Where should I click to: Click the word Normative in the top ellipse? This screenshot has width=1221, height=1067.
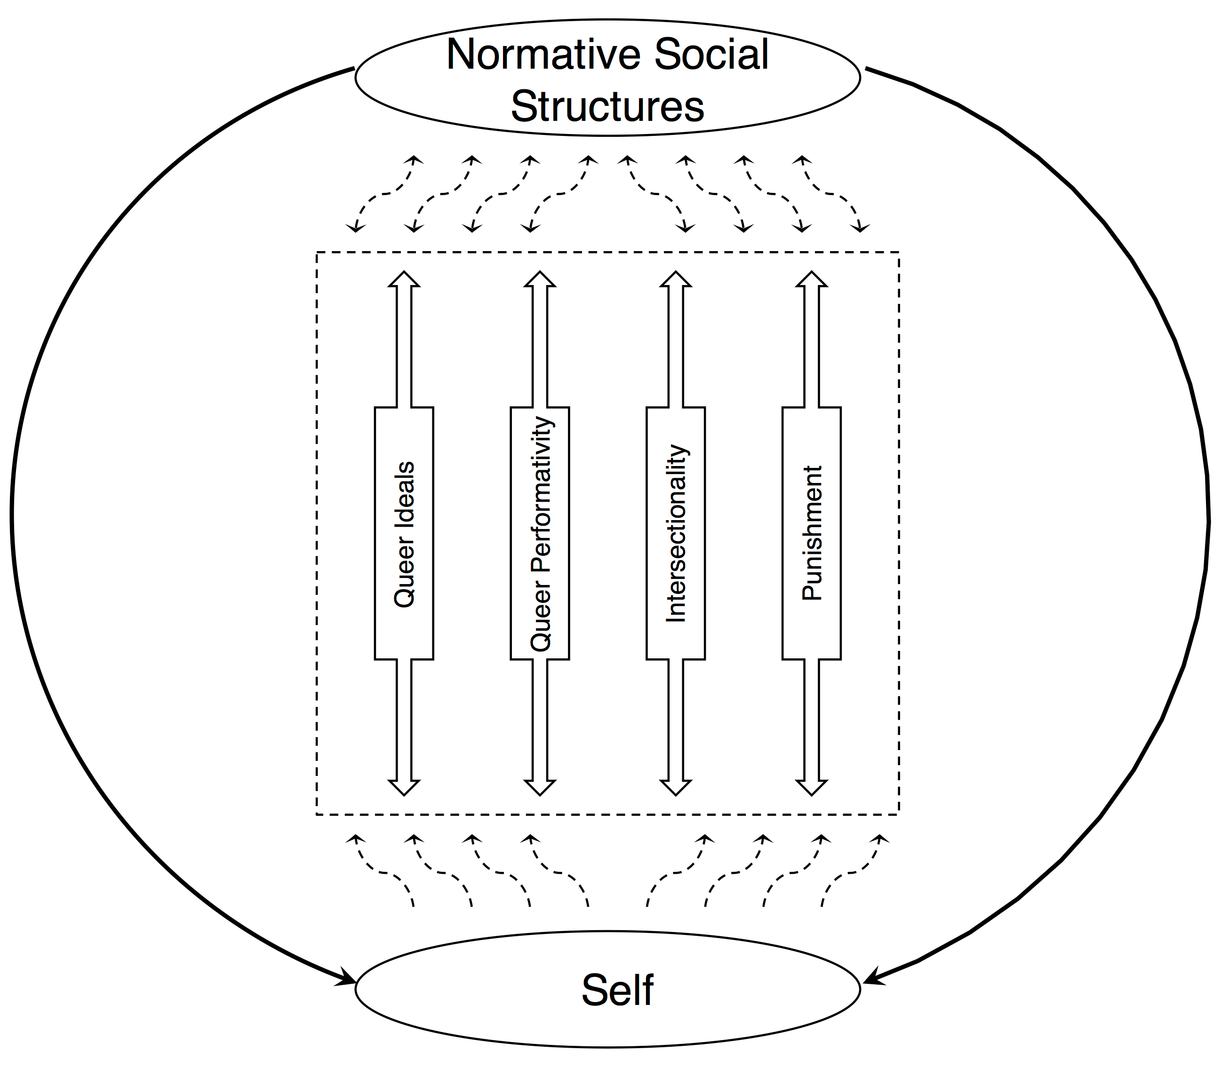point(544,55)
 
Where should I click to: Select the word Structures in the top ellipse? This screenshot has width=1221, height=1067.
point(607,107)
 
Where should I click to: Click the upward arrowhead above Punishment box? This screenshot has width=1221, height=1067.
point(812,279)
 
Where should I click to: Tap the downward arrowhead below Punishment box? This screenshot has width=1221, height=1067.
point(812,788)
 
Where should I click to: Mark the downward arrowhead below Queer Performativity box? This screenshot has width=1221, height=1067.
point(540,788)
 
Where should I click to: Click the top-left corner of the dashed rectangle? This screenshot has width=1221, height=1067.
point(317,253)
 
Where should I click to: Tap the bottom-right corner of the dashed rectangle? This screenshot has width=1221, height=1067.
point(899,814)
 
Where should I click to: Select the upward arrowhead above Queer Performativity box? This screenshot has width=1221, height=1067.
point(540,279)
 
